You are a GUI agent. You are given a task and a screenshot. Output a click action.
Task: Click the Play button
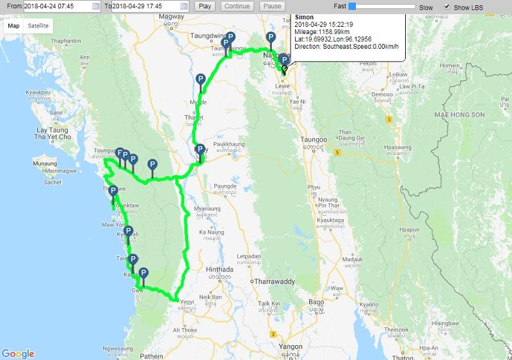205,6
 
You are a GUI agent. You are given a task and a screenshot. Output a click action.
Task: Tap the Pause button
272,6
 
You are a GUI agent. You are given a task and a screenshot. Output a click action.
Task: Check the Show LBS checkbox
447,6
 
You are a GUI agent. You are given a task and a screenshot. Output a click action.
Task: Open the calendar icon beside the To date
184,6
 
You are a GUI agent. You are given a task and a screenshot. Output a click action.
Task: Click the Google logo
18,354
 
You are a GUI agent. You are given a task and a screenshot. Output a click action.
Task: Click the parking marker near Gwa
144,274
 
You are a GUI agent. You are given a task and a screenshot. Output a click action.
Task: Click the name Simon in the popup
304,16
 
